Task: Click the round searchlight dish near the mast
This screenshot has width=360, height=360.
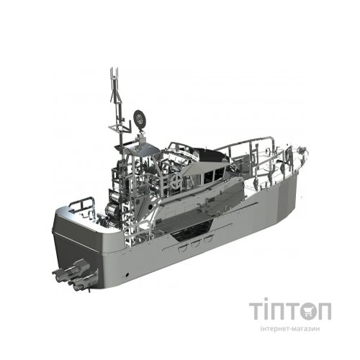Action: click(140, 118)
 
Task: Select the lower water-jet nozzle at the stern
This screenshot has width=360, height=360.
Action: click(83, 282)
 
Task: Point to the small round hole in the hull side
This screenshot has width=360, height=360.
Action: click(127, 274)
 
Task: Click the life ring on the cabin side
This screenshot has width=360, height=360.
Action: click(176, 179)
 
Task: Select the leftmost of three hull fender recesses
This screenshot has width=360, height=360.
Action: click(183, 248)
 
